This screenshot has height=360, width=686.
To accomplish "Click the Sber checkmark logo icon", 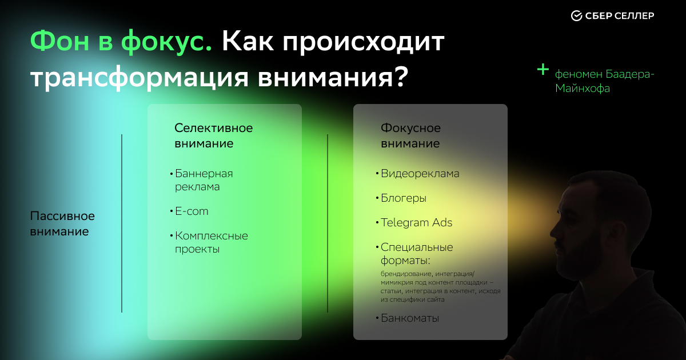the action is coord(576,15).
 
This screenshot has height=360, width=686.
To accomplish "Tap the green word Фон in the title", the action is coord(59,41).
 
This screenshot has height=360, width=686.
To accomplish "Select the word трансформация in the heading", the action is coord(139,78).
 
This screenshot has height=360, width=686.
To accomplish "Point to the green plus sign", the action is coord(543,70).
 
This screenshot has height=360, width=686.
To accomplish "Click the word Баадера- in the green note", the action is coord(629,74).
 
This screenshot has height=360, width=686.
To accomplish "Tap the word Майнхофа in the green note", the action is coord(583,89).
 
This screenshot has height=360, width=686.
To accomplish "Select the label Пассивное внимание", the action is coord(62,224).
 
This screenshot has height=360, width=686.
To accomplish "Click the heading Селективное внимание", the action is coord(214,135).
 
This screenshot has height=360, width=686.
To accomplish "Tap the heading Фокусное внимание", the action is coord(410,135).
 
